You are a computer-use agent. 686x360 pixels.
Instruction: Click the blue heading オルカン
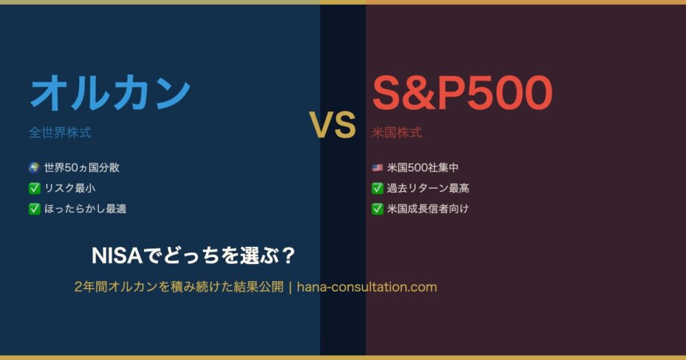pos(110,93)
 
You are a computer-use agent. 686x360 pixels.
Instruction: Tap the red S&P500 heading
pos(462,93)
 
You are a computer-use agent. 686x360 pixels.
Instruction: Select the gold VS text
pos(333,125)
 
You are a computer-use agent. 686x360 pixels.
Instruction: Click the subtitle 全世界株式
pos(60,132)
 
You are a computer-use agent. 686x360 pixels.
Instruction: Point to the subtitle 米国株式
pos(397,132)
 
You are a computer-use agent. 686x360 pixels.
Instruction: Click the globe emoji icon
pos(34,167)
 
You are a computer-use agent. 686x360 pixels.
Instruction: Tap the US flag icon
pos(377,167)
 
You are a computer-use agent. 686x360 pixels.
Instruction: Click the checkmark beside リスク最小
pos(34,188)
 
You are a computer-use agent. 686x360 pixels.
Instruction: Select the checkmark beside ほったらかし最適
pos(34,208)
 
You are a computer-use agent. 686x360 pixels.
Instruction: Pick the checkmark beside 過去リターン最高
pos(377,188)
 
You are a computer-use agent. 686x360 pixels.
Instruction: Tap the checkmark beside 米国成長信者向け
pos(377,208)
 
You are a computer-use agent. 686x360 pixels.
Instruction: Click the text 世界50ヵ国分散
pos(82,167)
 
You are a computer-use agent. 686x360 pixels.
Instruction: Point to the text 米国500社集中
pos(423,167)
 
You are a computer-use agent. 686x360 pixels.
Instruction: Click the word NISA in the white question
pos(117,256)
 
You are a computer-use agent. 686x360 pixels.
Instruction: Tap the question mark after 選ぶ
pos(288,256)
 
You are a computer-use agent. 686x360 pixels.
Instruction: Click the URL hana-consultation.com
pos(366,287)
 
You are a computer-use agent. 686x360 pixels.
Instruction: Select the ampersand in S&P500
pos(418,93)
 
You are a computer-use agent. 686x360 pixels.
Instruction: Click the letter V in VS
pos(320,125)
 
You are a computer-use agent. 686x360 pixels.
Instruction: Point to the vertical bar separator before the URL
pos(290,287)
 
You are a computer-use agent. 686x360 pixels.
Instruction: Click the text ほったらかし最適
pos(85,208)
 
